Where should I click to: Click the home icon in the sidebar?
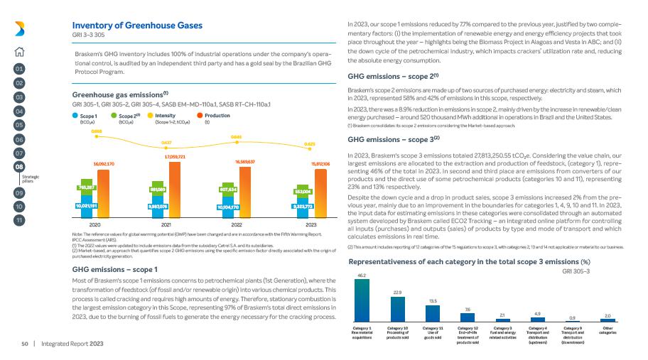click(19, 50)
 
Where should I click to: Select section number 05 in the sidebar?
click(19, 125)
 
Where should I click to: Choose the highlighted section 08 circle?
click(19, 166)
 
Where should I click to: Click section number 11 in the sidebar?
click(19, 220)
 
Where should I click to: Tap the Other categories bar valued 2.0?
click(607, 321)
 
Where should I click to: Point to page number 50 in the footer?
click(24, 344)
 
